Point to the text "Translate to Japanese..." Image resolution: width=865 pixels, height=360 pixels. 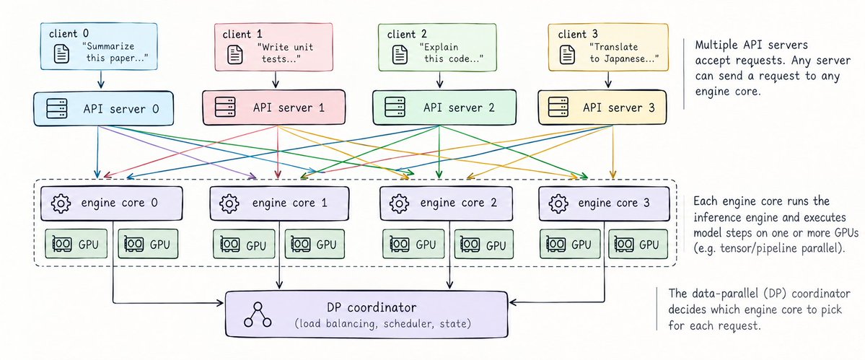(625, 53)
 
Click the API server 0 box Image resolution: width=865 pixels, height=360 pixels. (104, 107)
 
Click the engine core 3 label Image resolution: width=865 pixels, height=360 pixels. (613, 203)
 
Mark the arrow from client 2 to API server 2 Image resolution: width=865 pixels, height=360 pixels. (439, 79)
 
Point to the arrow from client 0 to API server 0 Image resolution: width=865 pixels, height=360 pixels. (101, 79)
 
